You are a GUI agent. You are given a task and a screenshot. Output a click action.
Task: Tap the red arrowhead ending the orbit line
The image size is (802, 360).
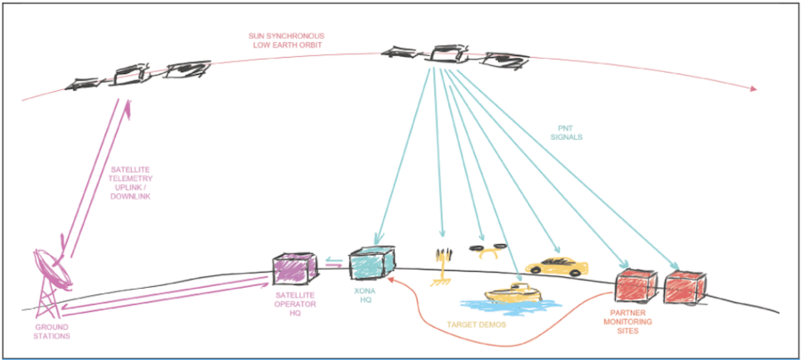[754, 89]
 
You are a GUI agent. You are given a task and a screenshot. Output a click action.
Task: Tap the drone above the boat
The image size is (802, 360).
[489, 252]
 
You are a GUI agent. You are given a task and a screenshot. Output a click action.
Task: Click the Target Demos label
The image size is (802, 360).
[480, 324]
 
